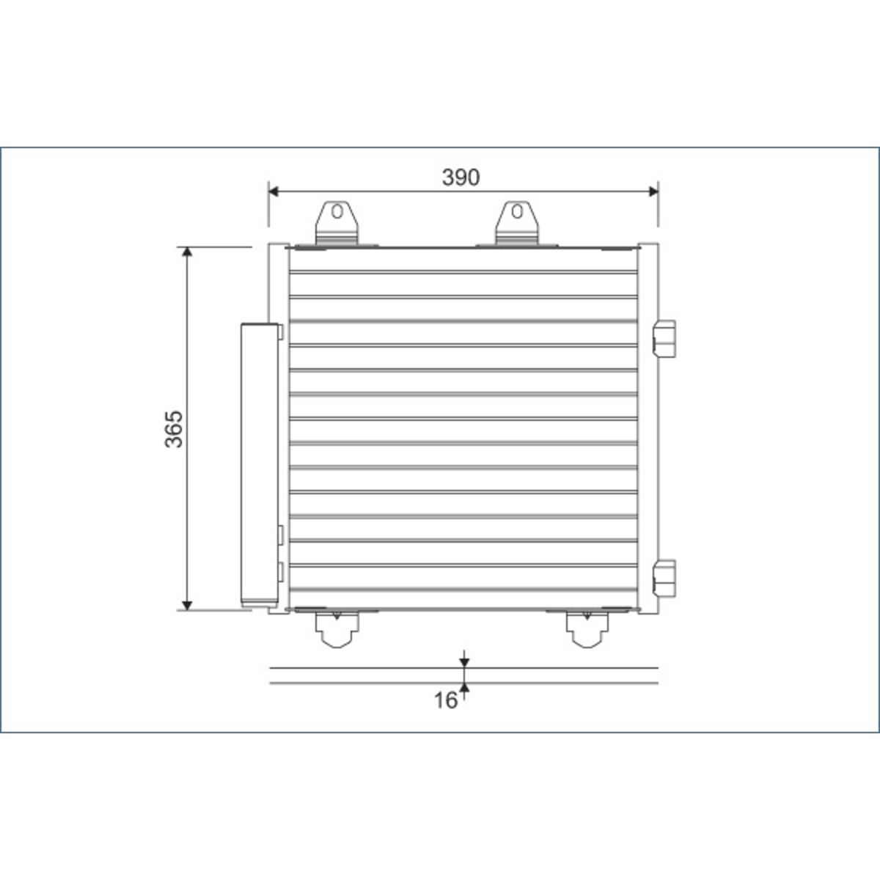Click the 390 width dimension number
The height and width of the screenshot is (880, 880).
(x=461, y=177)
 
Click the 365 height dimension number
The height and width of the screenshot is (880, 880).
(x=174, y=429)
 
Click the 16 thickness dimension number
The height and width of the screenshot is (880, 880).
(x=445, y=700)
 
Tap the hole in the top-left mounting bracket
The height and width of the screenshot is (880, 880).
(x=337, y=211)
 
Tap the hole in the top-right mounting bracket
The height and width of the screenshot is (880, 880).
(x=517, y=211)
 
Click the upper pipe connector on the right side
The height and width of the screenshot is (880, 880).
(x=664, y=339)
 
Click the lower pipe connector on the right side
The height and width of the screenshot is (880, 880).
(x=664, y=578)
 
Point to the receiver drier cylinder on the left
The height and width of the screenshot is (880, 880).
(x=260, y=465)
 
